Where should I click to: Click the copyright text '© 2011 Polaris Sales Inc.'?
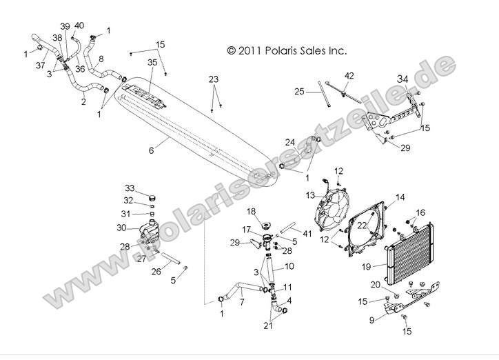286,50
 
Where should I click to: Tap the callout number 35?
152,62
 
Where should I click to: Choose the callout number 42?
349,75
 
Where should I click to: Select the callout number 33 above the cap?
130,188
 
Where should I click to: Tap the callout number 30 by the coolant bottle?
121,228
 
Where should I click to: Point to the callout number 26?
156,271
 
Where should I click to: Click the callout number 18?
252,210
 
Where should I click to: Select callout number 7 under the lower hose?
242,302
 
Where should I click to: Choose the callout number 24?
290,143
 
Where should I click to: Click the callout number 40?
79,26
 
